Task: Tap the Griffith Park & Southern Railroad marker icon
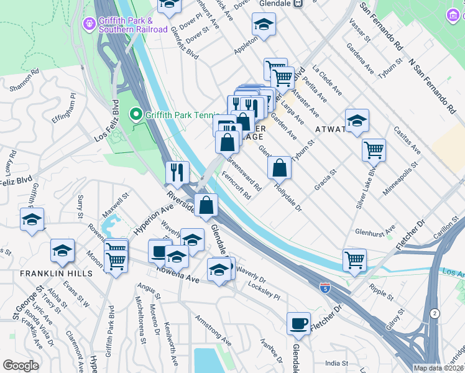(x=89, y=23)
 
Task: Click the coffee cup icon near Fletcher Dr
(x=299, y=323)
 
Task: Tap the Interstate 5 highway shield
(x=325, y=287)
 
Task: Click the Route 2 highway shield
(x=434, y=314)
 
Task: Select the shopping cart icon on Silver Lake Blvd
(x=374, y=149)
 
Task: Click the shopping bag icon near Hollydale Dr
(x=280, y=167)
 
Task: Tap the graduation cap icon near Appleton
(x=264, y=24)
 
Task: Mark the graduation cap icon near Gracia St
(x=357, y=121)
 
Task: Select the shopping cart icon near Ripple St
(x=354, y=260)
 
